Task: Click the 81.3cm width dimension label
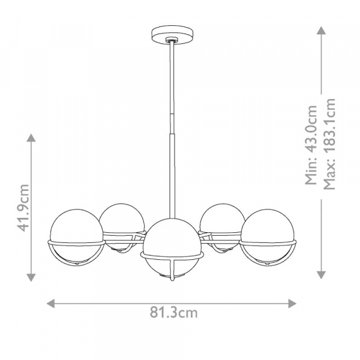173,313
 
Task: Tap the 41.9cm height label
23,208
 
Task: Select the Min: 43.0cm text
311,145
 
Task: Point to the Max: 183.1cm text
329,144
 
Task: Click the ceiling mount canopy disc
172,34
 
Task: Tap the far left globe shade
77,237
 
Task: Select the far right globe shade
268,237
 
